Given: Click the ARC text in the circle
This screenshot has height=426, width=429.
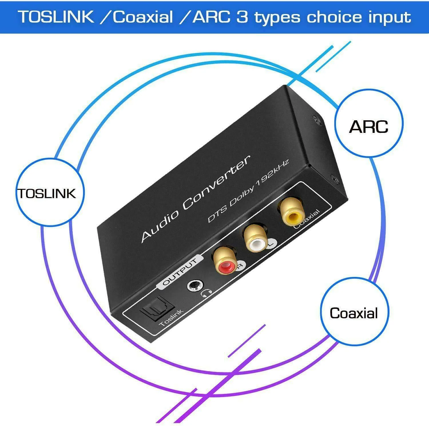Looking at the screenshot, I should (x=369, y=127).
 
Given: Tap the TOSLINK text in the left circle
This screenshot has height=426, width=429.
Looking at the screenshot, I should (x=47, y=193).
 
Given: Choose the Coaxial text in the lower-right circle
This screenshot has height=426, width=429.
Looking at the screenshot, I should (x=354, y=313).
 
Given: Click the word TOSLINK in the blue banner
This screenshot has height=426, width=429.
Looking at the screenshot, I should (x=56, y=17).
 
